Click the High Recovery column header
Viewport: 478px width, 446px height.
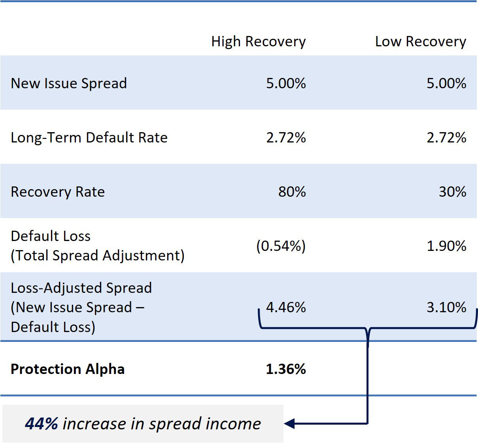258,42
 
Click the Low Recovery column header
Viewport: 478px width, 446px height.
420,42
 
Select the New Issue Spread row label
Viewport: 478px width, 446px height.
69,84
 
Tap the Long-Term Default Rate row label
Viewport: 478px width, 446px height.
89,138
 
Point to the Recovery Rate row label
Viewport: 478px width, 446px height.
58,192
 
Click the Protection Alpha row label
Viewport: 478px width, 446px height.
68,369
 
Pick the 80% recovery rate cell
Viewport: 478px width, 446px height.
292,192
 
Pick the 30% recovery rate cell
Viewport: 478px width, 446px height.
452,192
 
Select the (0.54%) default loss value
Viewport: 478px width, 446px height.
281,246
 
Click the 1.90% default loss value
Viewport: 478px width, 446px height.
446,246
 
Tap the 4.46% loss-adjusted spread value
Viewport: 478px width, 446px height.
286,307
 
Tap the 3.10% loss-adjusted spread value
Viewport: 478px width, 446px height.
446,307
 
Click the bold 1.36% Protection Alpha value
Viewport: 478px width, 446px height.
286,369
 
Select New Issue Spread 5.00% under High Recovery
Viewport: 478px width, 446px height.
286,84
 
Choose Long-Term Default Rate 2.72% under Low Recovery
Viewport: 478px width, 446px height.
446,138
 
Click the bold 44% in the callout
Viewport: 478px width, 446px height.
42,424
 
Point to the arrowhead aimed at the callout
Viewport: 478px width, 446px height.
289,424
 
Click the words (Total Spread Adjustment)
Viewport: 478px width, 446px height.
98,256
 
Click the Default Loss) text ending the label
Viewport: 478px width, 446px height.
53,327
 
